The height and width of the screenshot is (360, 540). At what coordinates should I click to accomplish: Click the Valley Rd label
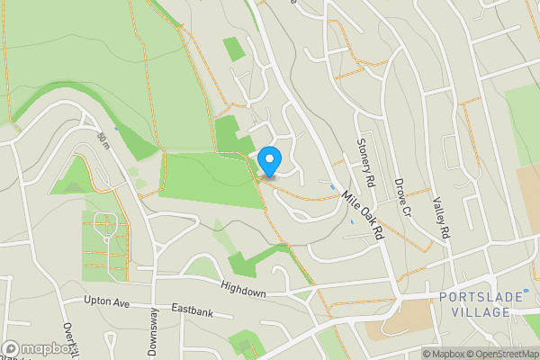pyautogui.click(x=440, y=218)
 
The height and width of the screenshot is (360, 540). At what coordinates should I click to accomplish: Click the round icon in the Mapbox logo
pyautogui.click(x=11, y=348)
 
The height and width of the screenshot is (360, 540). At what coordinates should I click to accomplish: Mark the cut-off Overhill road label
pyautogui.click(x=67, y=337)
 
